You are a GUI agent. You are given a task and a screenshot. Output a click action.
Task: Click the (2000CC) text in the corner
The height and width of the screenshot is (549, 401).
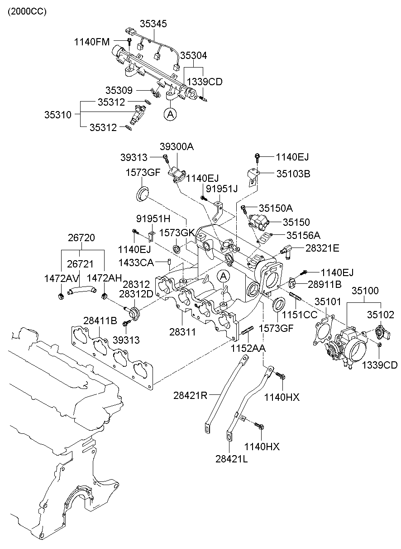point(26,11)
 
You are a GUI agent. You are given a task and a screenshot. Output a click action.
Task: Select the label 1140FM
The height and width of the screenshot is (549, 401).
point(92,42)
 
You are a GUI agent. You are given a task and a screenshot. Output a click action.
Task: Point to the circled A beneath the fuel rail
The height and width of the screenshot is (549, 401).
point(170,115)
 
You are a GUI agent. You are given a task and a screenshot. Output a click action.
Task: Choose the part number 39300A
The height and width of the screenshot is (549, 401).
point(177,146)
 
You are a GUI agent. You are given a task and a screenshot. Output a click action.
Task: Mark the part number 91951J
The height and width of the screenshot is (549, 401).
point(222,189)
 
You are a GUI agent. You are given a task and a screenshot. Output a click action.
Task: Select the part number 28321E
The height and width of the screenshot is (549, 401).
point(322,248)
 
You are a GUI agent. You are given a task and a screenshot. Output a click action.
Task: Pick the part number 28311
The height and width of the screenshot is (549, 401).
point(182,332)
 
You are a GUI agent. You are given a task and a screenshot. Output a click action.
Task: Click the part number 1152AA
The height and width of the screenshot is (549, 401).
point(248,348)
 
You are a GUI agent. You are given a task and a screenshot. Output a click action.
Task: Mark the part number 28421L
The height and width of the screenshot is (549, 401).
point(232,458)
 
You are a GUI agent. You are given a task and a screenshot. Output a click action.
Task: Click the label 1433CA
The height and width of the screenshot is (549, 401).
point(135,262)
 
